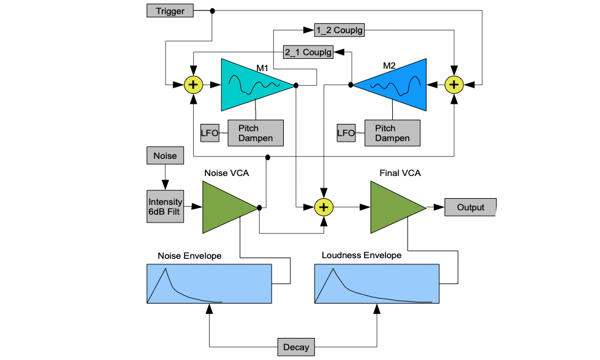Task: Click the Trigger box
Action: pos(170,11)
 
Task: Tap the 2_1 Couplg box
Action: pos(308,52)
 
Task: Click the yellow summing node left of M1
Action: pos(194,85)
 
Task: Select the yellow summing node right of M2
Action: pos(454,85)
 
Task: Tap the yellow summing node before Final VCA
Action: pos(324,207)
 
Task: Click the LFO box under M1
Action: pos(210,132)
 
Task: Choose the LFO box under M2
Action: pos(346,132)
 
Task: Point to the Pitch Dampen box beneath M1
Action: pos(256,133)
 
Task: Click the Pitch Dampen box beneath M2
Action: pos(392,133)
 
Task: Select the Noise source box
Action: pos(165,156)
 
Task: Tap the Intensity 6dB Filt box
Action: pos(165,207)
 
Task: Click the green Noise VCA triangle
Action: pos(224,207)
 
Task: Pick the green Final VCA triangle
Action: pos(393,207)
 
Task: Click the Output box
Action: pos(470,207)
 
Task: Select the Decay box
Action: pos(296,347)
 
